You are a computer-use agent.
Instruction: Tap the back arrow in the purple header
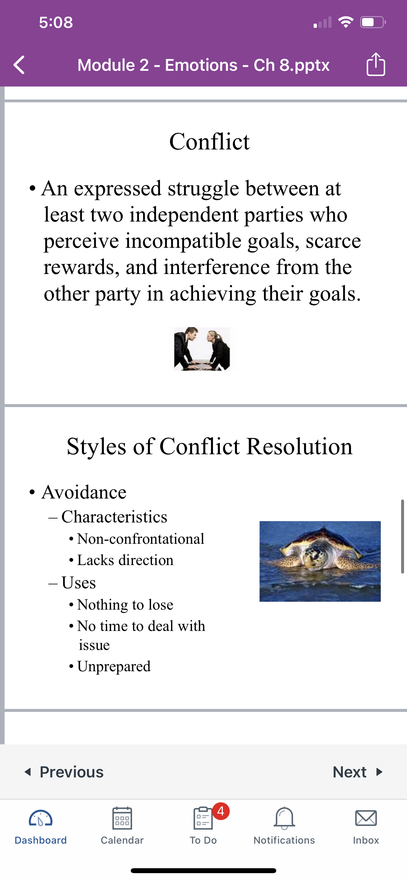19,65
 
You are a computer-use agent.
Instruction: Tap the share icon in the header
376,64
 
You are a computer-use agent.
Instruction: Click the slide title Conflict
209,141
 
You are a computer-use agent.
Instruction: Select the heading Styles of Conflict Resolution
209,446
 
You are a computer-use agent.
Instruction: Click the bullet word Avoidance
84,492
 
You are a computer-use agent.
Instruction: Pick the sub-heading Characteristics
114,517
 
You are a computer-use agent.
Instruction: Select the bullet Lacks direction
125,560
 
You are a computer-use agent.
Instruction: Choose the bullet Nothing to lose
125,605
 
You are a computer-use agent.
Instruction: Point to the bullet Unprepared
114,667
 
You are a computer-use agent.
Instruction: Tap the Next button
358,772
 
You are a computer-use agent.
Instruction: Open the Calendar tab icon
122,818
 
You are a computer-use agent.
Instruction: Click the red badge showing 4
221,811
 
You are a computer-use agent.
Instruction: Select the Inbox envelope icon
366,818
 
